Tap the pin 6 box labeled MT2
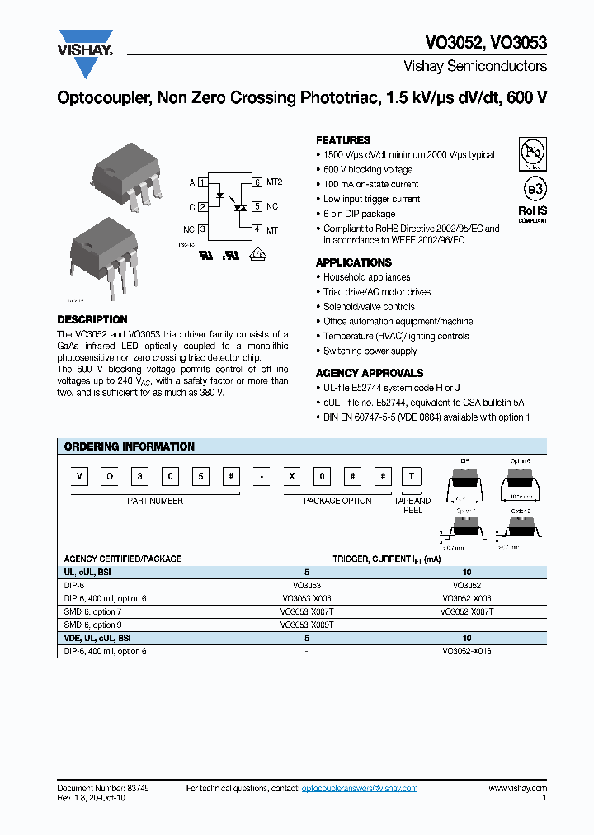tap(257, 182)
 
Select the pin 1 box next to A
tap(202, 182)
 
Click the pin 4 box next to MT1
tap(257, 229)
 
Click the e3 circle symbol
tap(535, 188)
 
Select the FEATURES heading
tap(343, 140)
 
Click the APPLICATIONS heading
tap(354, 262)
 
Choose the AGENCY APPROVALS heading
tap(370, 373)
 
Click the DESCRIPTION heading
tap(92, 319)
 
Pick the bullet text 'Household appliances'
tap(366, 277)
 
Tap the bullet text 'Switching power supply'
tap(370, 351)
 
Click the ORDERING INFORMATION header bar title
tap(130, 446)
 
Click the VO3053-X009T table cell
tap(306, 625)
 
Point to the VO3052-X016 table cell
tap(467, 651)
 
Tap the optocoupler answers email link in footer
tap(360, 789)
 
